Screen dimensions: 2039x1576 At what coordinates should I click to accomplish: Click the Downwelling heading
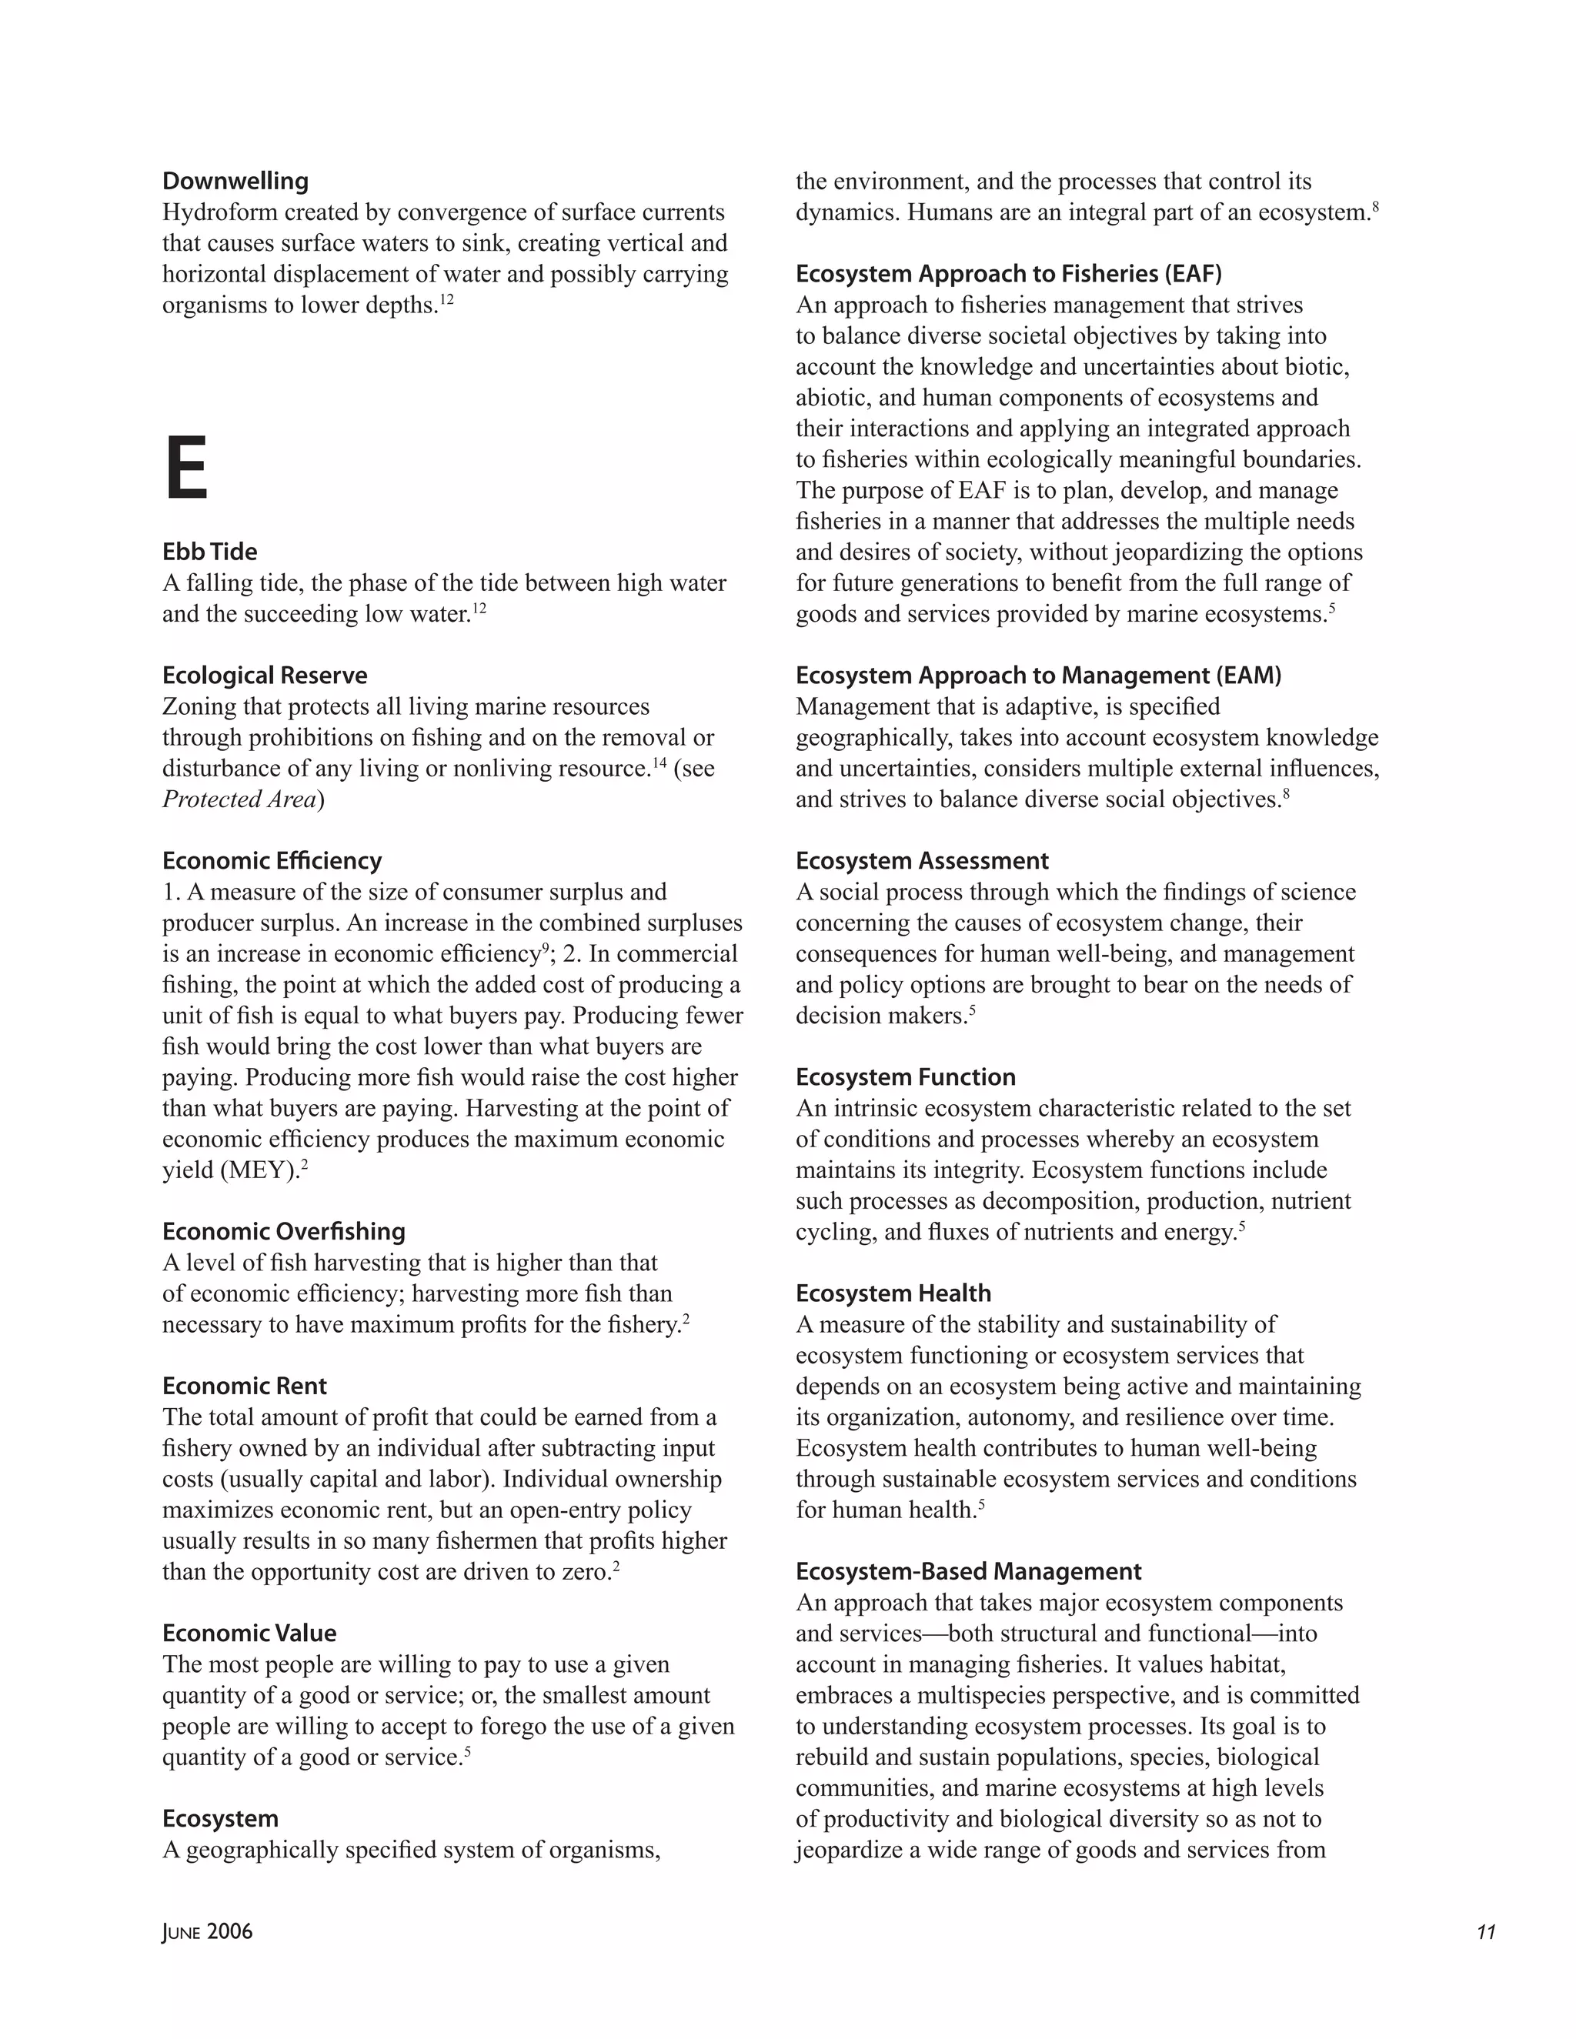pyautogui.click(x=235, y=181)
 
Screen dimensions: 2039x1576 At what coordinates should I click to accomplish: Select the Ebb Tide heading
pyautogui.click(x=210, y=552)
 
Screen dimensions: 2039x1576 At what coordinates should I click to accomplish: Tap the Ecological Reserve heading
pyautogui.click(x=265, y=675)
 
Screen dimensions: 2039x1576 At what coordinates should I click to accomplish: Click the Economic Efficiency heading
pyautogui.click(x=272, y=861)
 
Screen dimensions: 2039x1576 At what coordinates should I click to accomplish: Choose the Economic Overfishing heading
pyautogui.click(x=284, y=1231)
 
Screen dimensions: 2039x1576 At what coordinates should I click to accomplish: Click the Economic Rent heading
pyautogui.click(x=245, y=1387)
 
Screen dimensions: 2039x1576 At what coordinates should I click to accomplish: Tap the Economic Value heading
pyautogui.click(x=249, y=1633)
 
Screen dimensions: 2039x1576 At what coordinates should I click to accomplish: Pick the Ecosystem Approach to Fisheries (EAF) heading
pyautogui.click(x=1008, y=274)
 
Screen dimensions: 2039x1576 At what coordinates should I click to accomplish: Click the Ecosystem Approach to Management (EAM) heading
pyautogui.click(x=1038, y=675)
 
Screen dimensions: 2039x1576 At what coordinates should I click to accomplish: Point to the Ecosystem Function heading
pyautogui.click(x=906, y=1077)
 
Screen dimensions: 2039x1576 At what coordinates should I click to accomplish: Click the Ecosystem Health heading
pyautogui.click(x=893, y=1293)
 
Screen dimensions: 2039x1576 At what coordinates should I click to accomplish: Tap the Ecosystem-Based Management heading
pyautogui.click(x=968, y=1571)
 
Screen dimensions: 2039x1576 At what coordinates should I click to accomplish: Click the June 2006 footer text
pyautogui.click(x=207, y=1931)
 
